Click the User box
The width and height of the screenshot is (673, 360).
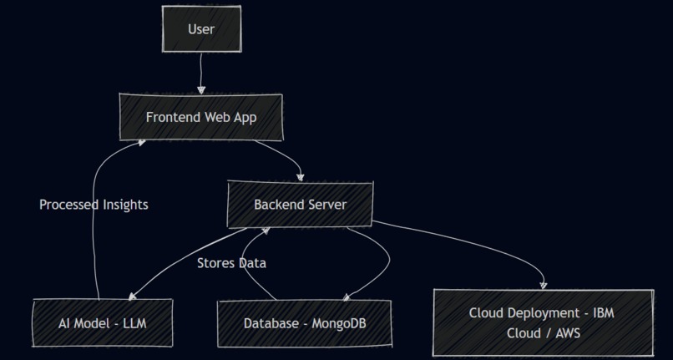[201, 30]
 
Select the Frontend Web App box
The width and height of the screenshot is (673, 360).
[200, 117]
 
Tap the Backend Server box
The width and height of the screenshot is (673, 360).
[300, 205]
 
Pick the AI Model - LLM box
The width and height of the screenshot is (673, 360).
[104, 323]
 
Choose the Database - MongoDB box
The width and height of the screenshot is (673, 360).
[304, 323]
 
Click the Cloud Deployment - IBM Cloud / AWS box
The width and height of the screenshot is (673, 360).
[543, 322]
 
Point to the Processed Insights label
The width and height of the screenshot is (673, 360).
[94, 205]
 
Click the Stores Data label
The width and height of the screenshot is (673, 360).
[231, 263]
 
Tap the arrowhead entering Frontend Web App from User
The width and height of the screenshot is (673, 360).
[200, 89]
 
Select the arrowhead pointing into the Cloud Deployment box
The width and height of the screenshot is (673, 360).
[544, 285]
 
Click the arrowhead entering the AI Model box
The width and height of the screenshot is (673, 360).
[132, 296]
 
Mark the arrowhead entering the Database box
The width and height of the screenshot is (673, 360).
[346, 296]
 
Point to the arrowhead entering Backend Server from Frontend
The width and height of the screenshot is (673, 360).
[301, 177]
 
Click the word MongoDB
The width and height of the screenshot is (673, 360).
[339, 323]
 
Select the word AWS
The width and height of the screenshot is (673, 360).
[564, 332]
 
